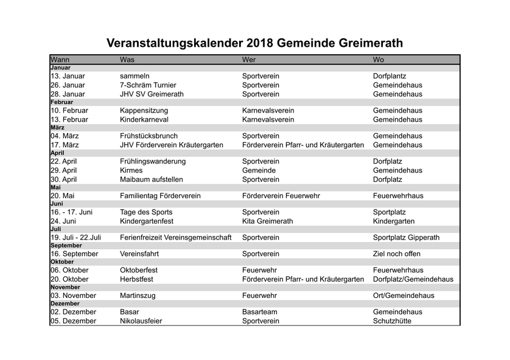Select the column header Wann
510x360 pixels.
tap(60, 60)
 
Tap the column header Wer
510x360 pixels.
tap(249, 60)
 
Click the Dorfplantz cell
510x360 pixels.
tap(389, 76)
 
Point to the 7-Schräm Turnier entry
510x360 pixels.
tap(148, 85)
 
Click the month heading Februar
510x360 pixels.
tap(62, 102)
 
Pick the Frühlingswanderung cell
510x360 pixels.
tap(153, 162)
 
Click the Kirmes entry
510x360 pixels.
tap(131, 171)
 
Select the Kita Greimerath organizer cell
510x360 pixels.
tap(267, 221)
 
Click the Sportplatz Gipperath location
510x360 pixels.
tap(406, 238)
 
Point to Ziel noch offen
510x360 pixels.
tap(396, 254)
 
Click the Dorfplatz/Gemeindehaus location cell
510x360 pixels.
tap(413, 279)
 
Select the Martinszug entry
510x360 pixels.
tap(140, 296)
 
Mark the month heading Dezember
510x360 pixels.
tap(65, 303)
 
